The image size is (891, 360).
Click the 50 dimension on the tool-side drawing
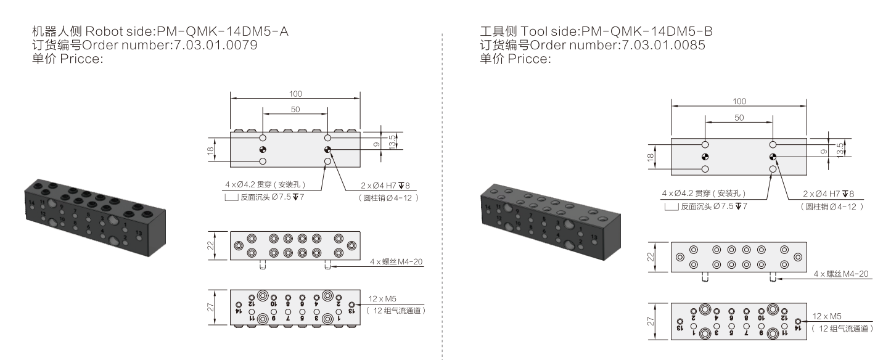(x=739, y=118)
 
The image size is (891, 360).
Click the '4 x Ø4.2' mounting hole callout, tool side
(x=699, y=194)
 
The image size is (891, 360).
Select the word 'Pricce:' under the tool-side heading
(x=530, y=59)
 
